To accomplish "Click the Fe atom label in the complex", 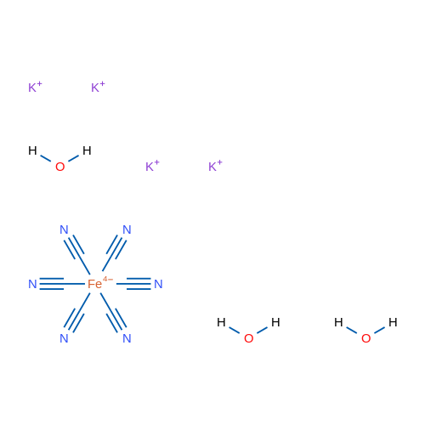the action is pos(94,284).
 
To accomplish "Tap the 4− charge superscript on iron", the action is pos(108,279).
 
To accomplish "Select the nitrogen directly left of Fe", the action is pos(32,284).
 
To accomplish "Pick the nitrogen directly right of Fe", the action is pos(158,284).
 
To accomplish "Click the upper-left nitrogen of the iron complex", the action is pos(64,229).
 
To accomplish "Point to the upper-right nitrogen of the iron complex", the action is pos(127,229).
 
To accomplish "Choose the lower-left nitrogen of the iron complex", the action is pos(64,338).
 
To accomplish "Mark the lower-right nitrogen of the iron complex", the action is pos(127,338).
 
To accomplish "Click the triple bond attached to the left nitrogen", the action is pos(52,284).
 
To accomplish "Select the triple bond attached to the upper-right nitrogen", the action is pos(116,247).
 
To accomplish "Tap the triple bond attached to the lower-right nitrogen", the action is pos(116,320).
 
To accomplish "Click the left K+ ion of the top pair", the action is pos(35,87).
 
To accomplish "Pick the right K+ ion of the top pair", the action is pos(98,87).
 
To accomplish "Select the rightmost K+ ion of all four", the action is pos(215,166).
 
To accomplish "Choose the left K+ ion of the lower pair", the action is pos(152,166).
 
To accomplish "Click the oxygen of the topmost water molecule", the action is pos(59,167).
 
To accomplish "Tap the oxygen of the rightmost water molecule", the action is pos(365,338).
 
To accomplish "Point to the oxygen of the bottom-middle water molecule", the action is pos(248,338).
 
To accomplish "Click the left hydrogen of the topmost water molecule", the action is pos(32,150).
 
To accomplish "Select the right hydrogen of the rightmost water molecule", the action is pos(393,322).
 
